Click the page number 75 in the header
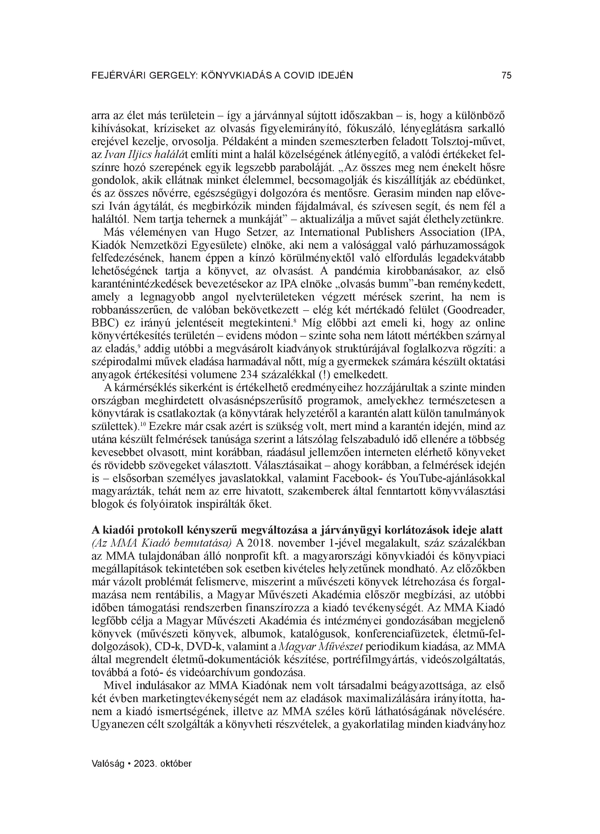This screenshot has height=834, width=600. (x=506, y=75)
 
